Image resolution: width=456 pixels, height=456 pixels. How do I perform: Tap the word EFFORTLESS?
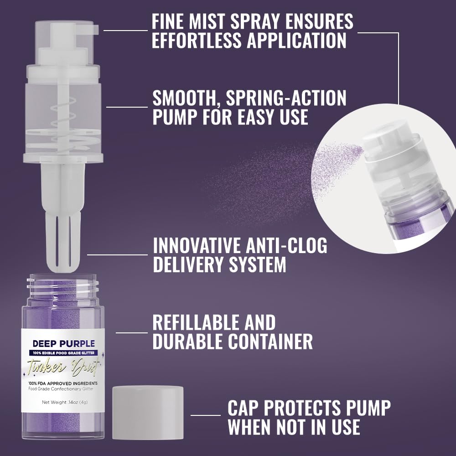[197, 41]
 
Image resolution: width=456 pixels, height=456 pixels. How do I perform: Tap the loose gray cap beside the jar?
[147, 412]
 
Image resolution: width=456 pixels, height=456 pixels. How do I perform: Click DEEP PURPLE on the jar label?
[63, 343]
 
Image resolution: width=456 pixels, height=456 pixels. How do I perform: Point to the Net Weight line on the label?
[63, 402]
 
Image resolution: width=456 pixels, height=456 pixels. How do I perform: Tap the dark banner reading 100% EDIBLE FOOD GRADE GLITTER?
[63, 352]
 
